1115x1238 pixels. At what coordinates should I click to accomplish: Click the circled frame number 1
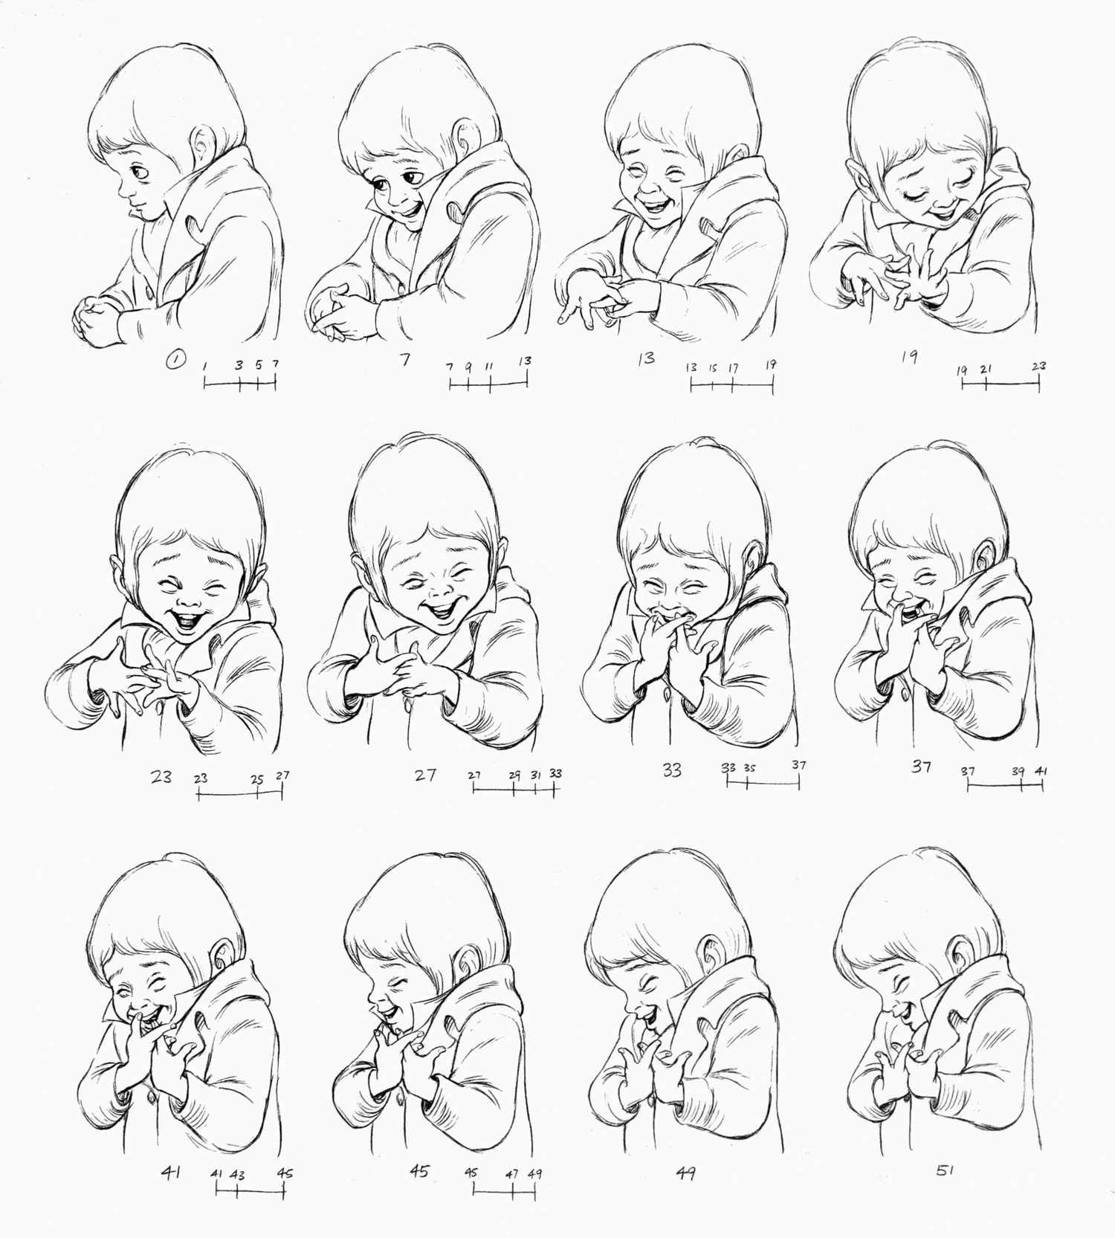pyautogui.click(x=175, y=361)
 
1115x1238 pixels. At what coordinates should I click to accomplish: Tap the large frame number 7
pyautogui.click(x=404, y=360)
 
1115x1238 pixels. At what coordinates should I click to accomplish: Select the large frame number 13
pyautogui.click(x=645, y=358)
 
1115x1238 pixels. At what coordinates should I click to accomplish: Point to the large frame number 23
pyautogui.click(x=161, y=776)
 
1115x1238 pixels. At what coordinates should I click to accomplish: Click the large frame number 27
pyautogui.click(x=425, y=775)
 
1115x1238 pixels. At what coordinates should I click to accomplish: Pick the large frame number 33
pyautogui.click(x=672, y=770)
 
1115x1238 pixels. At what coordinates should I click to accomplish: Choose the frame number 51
pyautogui.click(x=945, y=1170)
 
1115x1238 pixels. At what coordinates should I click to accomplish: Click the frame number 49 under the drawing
pyautogui.click(x=685, y=1173)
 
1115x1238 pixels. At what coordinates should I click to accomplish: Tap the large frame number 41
pyautogui.click(x=171, y=1173)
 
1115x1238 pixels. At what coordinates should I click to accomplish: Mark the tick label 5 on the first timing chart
pyautogui.click(x=258, y=365)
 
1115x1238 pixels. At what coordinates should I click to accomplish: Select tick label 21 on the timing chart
pyautogui.click(x=986, y=369)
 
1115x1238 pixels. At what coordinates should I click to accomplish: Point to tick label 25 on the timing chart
pyautogui.click(x=256, y=780)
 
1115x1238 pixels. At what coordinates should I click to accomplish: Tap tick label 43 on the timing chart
pyautogui.click(x=237, y=1176)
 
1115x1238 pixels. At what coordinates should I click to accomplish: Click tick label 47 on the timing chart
pyautogui.click(x=512, y=1175)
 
